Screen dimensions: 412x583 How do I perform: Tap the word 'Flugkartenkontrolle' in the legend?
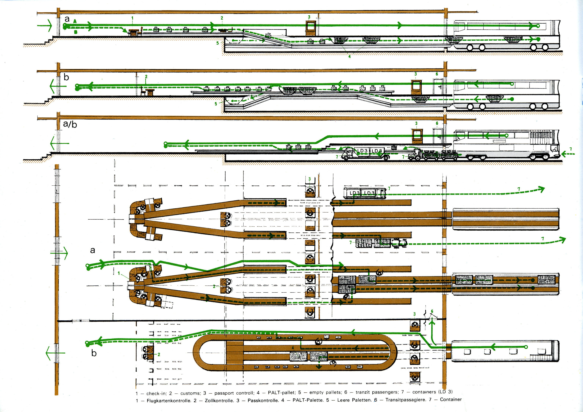pyautogui.click(x=169, y=401)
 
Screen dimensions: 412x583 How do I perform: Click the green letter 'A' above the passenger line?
pyautogui.click(x=75, y=21)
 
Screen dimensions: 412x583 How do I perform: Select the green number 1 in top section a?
pyautogui.click(x=132, y=18)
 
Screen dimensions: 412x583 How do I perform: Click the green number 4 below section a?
pyautogui.click(x=350, y=56)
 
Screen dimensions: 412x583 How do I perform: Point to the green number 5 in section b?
pyautogui.click(x=216, y=104)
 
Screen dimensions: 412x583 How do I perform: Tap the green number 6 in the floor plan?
pyautogui.click(x=432, y=311)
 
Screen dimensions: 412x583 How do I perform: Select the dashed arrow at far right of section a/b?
pyautogui.click(x=568, y=154)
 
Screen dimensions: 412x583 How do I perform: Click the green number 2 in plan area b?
pyautogui.click(x=159, y=354)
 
